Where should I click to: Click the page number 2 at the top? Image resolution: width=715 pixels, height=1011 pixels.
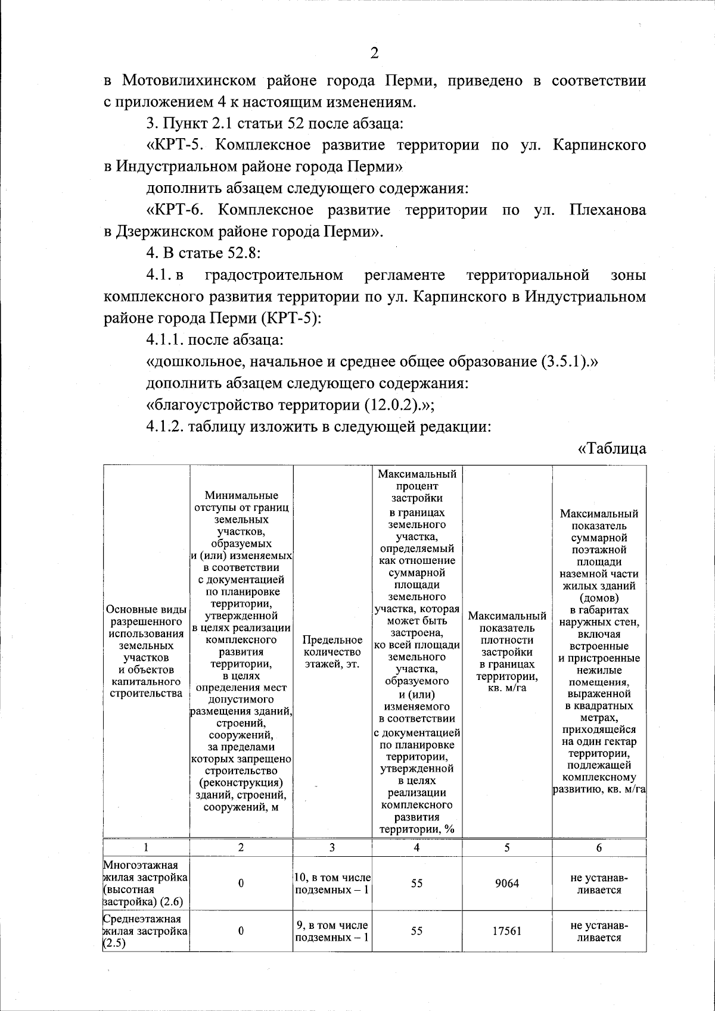coord(374,54)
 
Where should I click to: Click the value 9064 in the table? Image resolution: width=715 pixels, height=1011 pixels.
coord(506,884)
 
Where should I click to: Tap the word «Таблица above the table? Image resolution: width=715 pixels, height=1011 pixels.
coord(612,448)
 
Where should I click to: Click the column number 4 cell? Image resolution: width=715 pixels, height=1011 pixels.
coord(416,848)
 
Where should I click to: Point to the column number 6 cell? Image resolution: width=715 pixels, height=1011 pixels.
coord(599,848)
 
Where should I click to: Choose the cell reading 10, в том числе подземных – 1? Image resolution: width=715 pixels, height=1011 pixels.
coord(332,884)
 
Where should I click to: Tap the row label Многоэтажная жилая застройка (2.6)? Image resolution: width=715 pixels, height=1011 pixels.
coord(145,884)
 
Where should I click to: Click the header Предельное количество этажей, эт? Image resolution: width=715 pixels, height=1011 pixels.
coord(332,651)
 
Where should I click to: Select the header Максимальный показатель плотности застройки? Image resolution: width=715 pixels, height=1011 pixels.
coord(506,651)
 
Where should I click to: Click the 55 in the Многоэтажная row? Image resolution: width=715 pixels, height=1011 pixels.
coord(416,884)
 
